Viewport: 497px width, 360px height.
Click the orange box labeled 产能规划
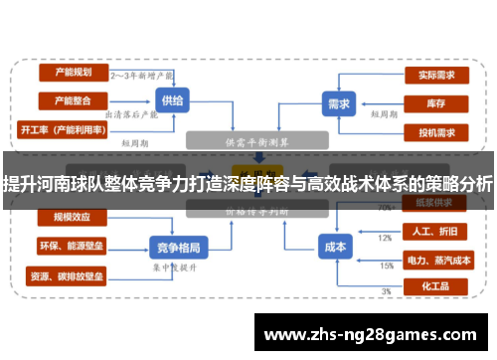[73, 73]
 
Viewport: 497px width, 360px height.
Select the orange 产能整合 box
[73, 100]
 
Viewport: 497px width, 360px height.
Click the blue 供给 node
[170, 99]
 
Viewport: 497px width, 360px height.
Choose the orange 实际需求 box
[436, 74]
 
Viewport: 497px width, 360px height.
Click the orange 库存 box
[436, 102]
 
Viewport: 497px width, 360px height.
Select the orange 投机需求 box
[436, 131]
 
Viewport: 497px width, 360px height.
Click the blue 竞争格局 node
[178, 247]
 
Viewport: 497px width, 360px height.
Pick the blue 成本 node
[335, 247]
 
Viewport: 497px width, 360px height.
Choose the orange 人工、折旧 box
[433, 231]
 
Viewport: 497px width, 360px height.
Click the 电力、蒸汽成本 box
[433, 260]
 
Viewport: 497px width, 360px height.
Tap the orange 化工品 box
[433, 286]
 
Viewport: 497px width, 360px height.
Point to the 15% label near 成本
[386, 266]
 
